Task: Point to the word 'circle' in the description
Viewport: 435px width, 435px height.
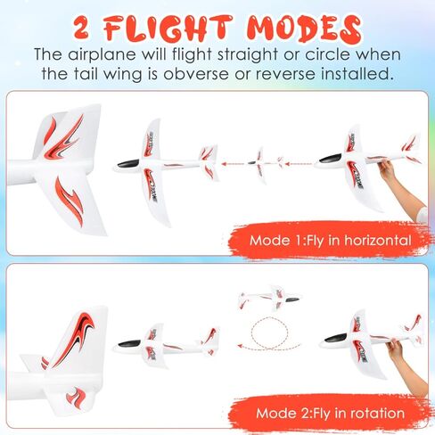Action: [311, 53]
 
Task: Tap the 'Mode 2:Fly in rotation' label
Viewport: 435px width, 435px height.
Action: [330, 413]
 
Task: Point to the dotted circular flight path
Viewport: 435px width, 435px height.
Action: [271, 335]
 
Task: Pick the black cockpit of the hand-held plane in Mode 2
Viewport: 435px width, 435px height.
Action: [335, 338]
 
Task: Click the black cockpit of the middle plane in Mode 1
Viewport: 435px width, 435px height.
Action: [127, 163]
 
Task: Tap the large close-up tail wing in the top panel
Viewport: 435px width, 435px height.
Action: [67, 165]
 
